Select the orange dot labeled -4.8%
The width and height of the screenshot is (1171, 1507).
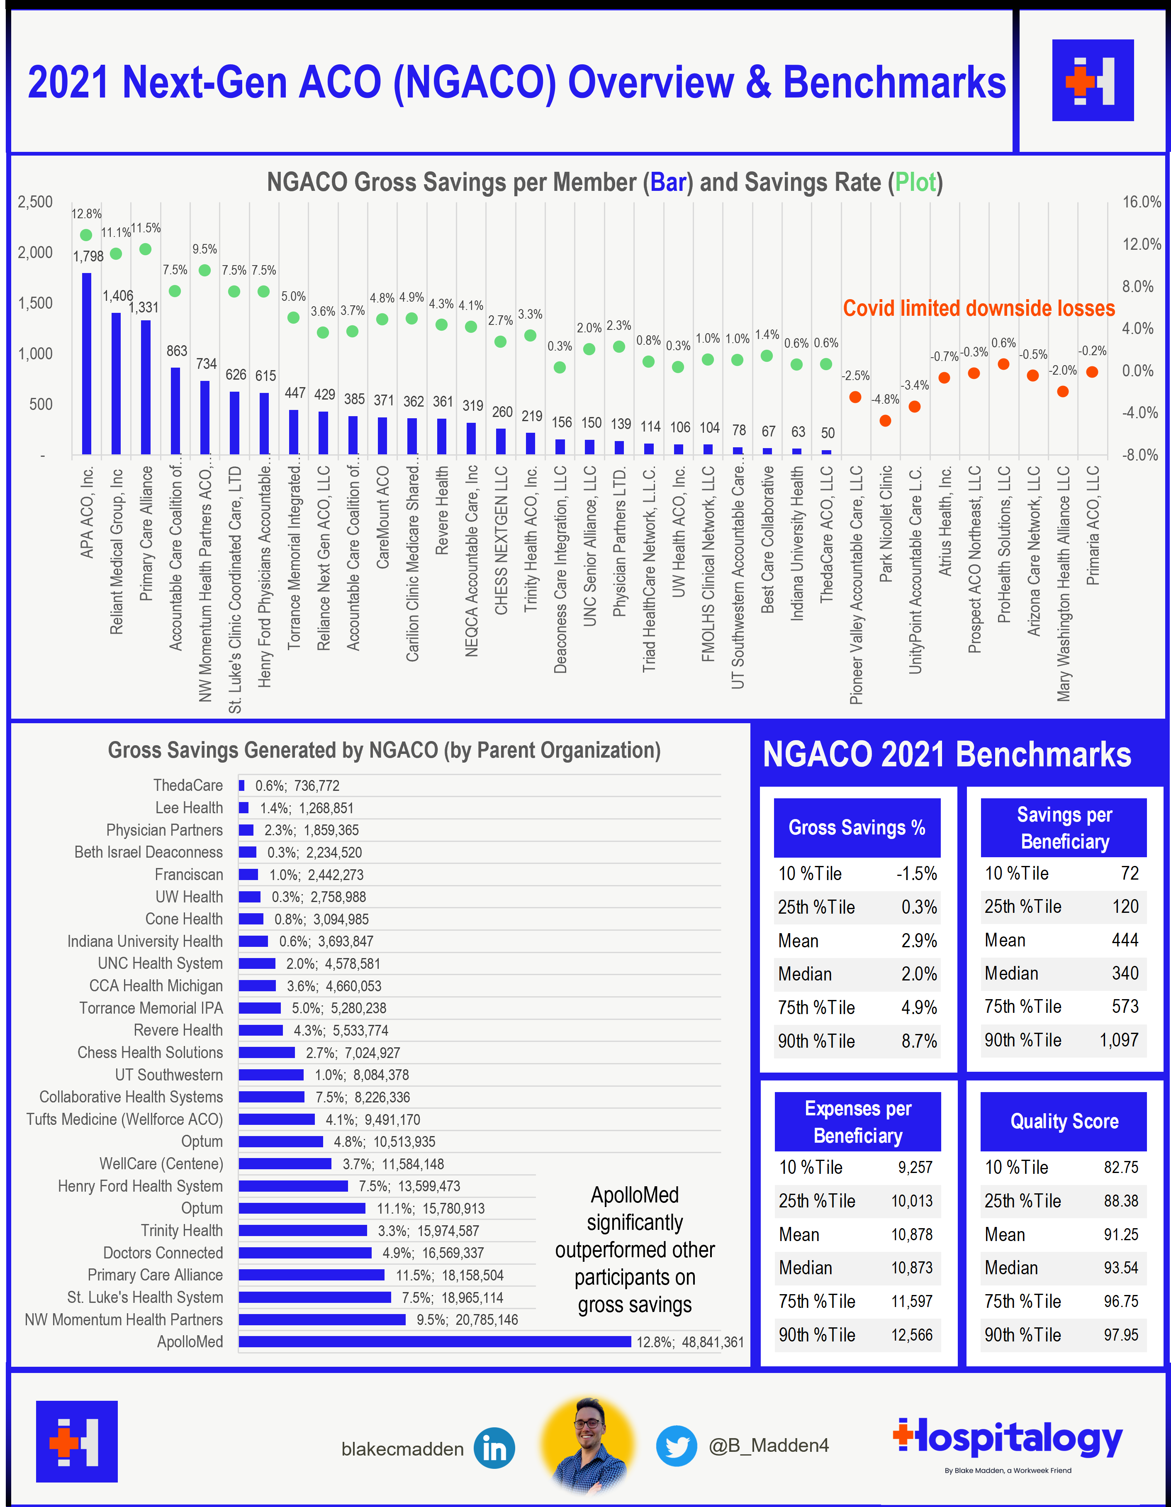pos(886,421)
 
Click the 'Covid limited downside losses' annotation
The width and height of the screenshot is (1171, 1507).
pos(979,308)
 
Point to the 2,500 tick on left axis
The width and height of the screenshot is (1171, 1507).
pos(35,202)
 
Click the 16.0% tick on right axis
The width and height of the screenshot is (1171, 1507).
pos(1142,202)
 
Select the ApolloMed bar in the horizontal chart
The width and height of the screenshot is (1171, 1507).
pos(434,1341)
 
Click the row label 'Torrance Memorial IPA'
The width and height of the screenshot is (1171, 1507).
pos(151,1008)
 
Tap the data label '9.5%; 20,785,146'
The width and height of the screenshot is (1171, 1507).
pos(467,1319)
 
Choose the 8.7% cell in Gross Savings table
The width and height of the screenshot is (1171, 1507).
pos(919,1041)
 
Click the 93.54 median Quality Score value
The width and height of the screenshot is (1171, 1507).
pos(1121,1268)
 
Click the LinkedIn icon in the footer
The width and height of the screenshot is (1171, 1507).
pos(494,1448)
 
